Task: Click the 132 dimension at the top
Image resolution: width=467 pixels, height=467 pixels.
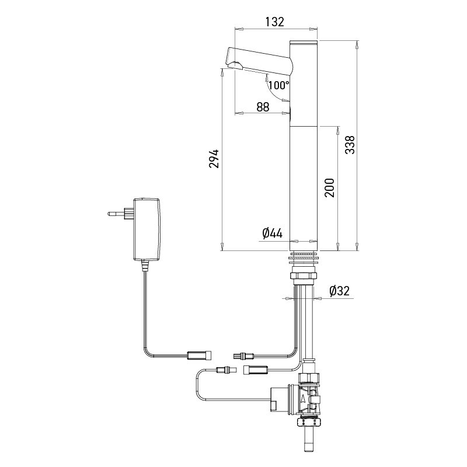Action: (x=274, y=22)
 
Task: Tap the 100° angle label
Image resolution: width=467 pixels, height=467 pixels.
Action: (x=278, y=85)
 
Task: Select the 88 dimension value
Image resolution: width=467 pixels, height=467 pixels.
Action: (x=263, y=107)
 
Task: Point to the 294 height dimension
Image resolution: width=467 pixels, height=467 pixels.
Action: (x=214, y=159)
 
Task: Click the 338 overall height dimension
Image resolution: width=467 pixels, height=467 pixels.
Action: (x=349, y=144)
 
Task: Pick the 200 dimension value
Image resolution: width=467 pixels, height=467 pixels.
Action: (x=329, y=187)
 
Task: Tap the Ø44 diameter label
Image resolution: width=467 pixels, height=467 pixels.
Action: (x=272, y=233)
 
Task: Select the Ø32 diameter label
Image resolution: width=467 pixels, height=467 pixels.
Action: (x=339, y=291)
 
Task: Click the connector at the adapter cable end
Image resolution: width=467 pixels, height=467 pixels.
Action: (x=198, y=354)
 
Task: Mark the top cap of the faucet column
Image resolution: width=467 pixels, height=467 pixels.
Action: (x=304, y=42)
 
